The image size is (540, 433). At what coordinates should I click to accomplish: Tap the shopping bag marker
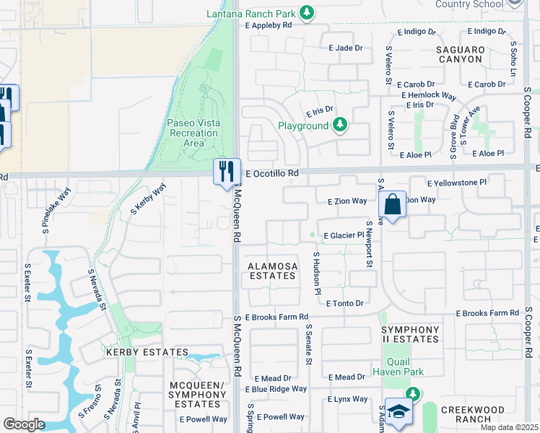point(392,204)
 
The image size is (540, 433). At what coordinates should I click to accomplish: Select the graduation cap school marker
point(398,411)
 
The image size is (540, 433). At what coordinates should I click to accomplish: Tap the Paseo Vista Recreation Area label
point(192,133)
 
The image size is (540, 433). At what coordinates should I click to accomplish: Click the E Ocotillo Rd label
point(272,174)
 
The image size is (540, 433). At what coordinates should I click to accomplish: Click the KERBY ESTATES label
point(147,352)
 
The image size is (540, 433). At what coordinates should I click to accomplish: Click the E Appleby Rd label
point(267,25)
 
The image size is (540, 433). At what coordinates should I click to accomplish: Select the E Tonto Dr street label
point(344,304)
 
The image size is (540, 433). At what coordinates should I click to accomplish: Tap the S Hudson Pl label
point(316,274)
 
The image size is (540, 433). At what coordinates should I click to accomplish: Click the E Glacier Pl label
point(344,235)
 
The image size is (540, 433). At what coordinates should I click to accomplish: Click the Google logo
point(24,424)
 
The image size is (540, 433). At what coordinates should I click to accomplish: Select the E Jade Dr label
point(349,48)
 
